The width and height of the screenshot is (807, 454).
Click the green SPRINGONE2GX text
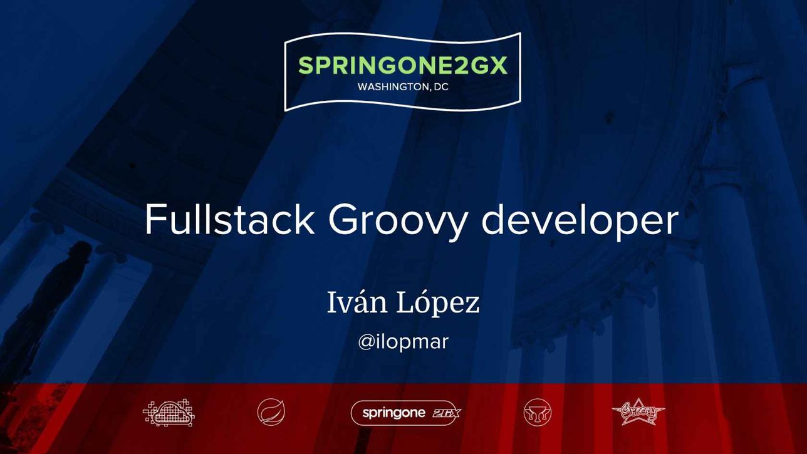403,66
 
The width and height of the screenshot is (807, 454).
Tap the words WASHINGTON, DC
403,87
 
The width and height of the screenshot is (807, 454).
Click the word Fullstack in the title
230,220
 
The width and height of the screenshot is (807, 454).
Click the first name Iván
357,302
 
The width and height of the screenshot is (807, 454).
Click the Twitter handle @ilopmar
403,342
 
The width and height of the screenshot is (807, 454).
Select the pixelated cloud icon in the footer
169,412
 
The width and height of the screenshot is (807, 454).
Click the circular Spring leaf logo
271,412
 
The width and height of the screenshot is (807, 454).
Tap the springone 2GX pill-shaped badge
406,413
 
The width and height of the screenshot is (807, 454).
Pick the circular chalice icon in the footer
537,412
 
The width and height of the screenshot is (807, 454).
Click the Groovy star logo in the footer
638,412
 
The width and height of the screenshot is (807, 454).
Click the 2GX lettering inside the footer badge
446,413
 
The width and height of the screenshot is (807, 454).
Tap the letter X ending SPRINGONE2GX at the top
498,66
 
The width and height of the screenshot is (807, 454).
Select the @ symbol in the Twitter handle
367,342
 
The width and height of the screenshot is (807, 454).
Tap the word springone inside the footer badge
393,413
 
